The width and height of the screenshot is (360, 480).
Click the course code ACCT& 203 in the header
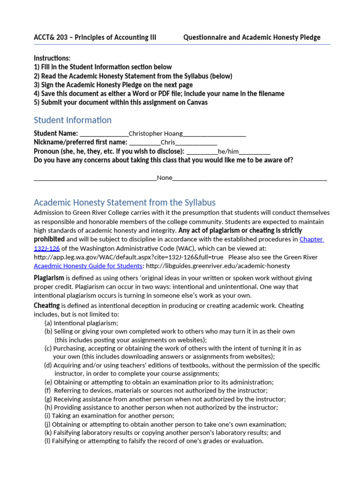pos(52,37)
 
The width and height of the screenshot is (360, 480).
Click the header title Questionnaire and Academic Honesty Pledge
pos(252,37)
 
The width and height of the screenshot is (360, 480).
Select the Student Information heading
pos(73,120)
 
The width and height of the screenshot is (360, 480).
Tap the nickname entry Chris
pos(168,142)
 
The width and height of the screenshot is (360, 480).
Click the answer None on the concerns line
pos(165,178)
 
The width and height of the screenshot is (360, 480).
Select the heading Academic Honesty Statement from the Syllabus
pos(125,202)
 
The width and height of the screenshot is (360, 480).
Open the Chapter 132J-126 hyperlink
pos(311,239)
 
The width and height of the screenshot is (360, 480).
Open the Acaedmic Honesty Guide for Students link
pos(88,266)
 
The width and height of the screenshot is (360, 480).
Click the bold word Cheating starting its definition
pos(46,305)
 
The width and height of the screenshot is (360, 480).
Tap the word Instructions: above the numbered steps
pos(52,58)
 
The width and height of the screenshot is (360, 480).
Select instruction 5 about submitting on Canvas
pos(120,102)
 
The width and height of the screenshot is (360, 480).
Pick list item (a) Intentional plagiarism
pos(81,323)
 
